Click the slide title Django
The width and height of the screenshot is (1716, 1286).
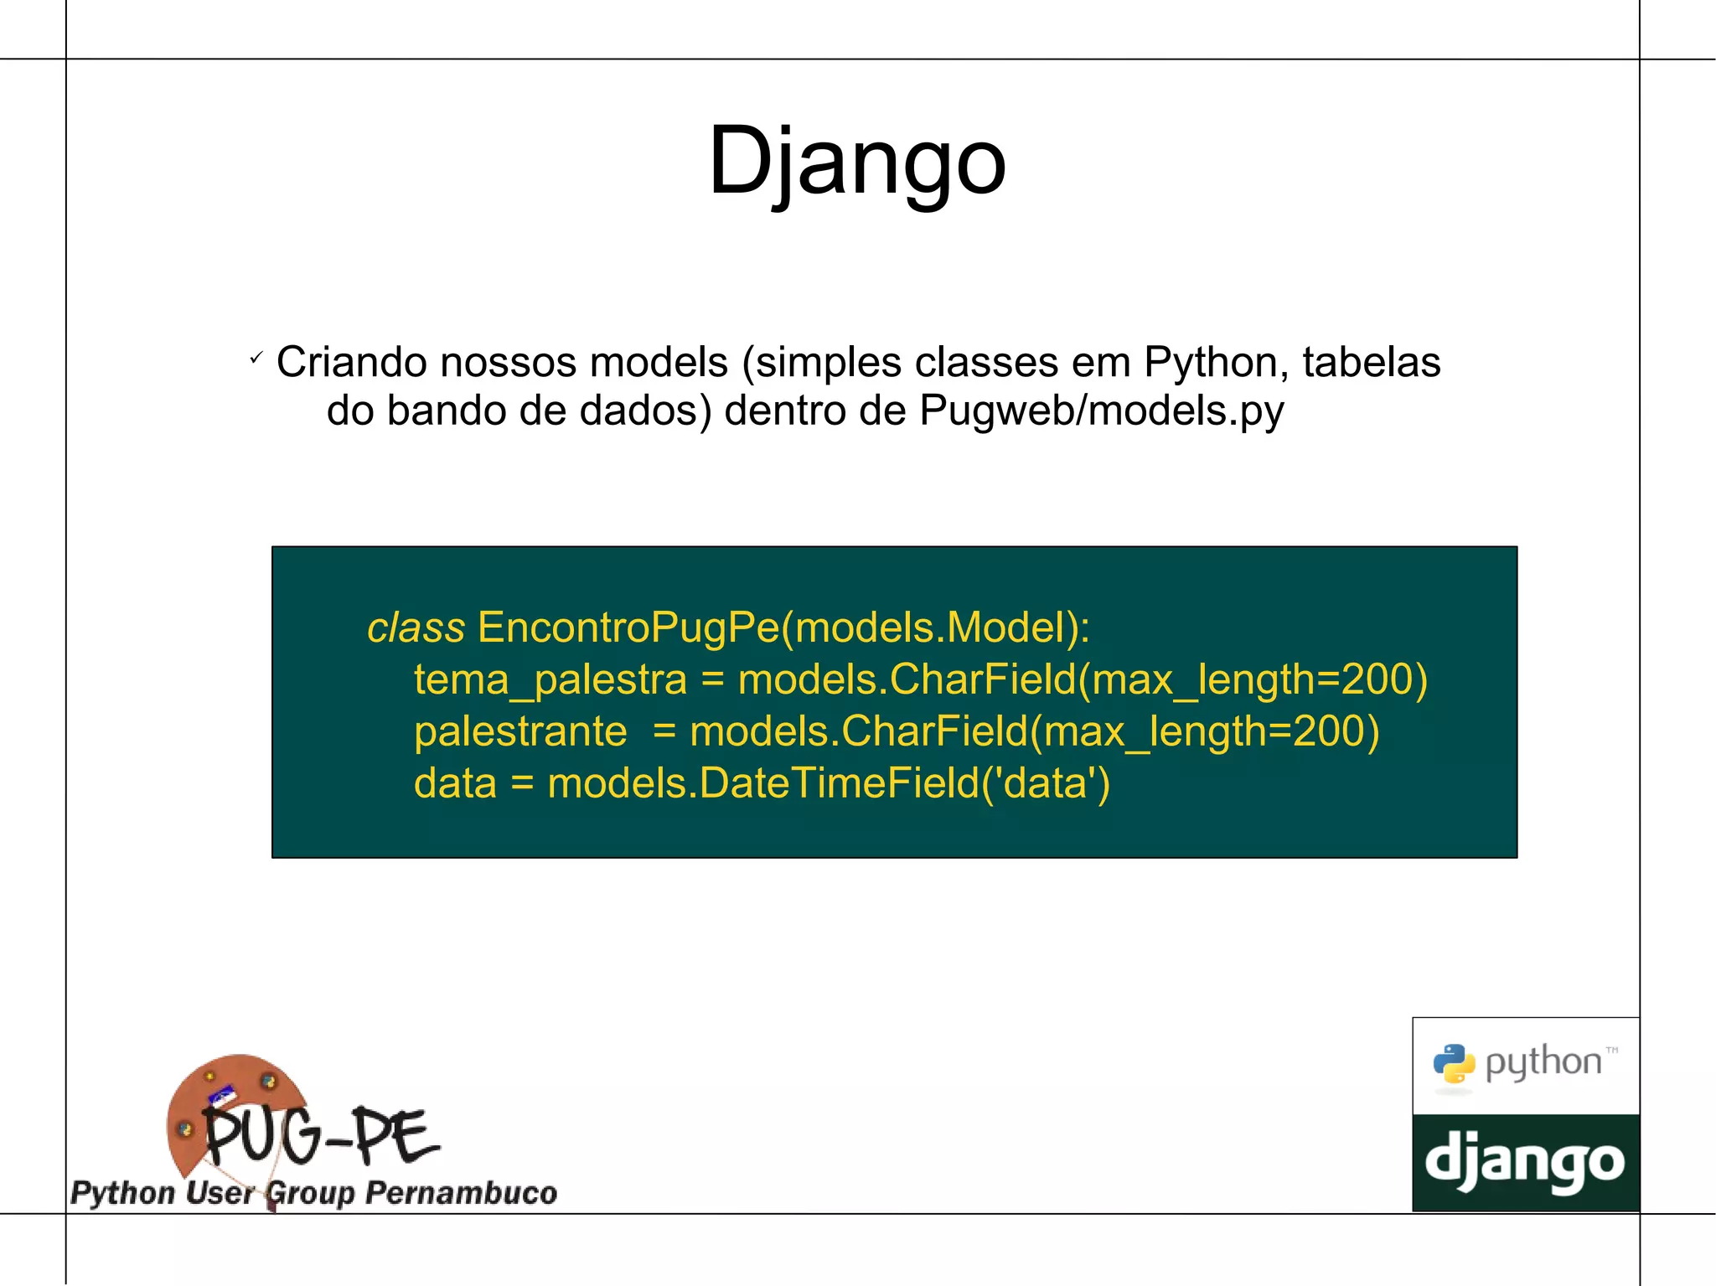856,161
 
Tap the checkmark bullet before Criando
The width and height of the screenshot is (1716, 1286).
256,359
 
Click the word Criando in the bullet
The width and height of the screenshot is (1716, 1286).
354,363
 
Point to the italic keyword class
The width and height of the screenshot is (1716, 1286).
416,628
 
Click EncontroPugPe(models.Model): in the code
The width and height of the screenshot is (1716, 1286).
783,628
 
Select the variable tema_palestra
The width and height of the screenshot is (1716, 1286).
550,679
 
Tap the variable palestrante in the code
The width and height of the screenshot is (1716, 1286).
520,731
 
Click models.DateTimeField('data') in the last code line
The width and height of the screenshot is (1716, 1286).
828,783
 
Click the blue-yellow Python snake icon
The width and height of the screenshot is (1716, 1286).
1454,1064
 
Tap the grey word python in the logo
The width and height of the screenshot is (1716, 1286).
1543,1063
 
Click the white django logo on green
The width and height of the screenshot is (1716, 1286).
1524,1162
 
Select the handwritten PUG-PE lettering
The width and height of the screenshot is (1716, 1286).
321,1137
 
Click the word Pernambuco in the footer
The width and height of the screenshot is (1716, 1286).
461,1193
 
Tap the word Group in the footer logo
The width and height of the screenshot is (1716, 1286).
310,1193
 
